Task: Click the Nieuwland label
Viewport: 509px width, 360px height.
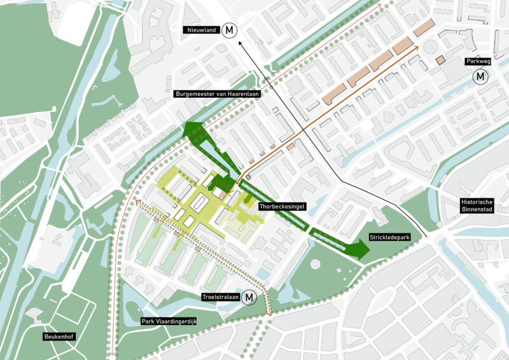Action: click(x=200, y=30)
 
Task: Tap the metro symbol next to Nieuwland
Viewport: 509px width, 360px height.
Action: click(x=228, y=30)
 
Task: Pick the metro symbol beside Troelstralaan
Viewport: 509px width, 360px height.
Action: click(x=249, y=296)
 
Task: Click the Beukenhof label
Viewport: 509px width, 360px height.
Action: click(x=60, y=336)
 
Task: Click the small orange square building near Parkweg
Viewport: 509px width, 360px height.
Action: click(x=440, y=60)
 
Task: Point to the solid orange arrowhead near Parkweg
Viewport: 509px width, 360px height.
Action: click(x=417, y=46)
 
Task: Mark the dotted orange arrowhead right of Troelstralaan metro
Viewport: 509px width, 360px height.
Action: click(x=270, y=314)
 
